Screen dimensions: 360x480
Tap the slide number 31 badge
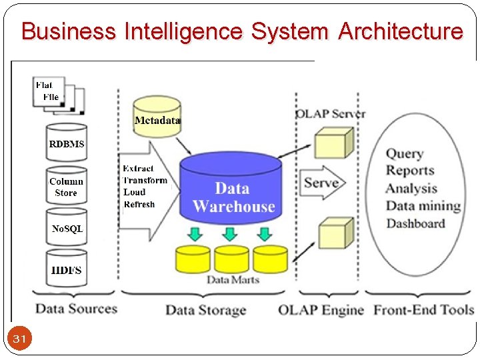pos(20,339)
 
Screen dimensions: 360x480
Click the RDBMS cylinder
pos(67,143)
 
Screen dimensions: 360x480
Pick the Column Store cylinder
pos(66,187)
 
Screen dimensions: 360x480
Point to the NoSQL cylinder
pos(67,228)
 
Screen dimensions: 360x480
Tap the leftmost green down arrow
pos(194,233)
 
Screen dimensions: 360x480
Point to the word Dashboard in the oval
pos(415,223)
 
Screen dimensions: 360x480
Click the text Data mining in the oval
pos(423,206)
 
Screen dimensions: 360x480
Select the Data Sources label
pos(76,308)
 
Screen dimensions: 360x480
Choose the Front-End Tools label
pos(423,310)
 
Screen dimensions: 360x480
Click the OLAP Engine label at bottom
pos(321,310)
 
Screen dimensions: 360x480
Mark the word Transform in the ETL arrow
pos(145,181)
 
